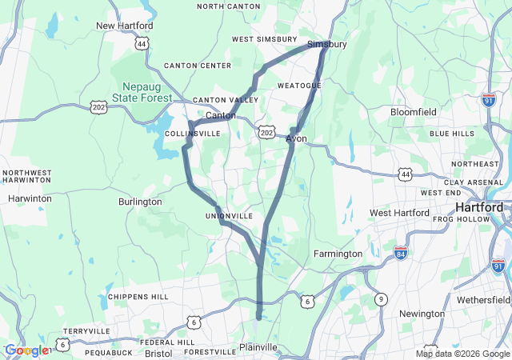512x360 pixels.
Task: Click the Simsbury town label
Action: [327, 44]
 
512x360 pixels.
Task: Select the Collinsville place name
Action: [192, 134]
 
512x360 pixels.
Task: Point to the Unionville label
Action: [229, 216]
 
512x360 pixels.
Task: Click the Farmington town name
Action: [338, 254]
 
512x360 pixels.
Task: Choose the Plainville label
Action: [258, 347]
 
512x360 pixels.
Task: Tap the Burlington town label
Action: [140, 202]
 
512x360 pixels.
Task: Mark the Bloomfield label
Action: [413, 112]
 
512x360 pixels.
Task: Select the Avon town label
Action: [296, 138]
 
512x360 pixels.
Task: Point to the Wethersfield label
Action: [483, 299]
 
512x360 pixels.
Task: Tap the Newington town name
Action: [422, 314]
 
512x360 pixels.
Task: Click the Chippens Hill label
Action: [138, 297]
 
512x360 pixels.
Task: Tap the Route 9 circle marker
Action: [383, 299]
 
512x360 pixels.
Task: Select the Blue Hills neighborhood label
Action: [452, 134]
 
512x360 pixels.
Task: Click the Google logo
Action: [26, 350]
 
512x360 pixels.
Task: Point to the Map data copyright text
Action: [463, 354]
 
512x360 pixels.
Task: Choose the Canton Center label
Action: [198, 66]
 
